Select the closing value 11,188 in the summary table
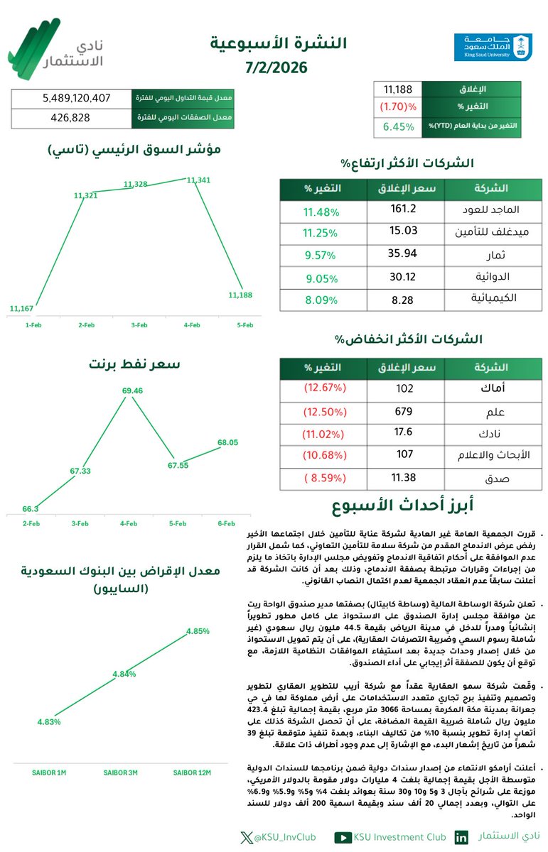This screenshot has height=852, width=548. tap(398, 89)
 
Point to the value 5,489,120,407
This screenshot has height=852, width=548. tap(72, 98)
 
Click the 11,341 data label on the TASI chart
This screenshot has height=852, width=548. tap(199, 180)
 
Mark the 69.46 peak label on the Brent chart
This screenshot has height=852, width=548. tap(133, 390)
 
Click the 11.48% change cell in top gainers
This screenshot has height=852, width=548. tap(321, 212)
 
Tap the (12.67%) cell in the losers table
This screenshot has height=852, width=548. tap(324, 388)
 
